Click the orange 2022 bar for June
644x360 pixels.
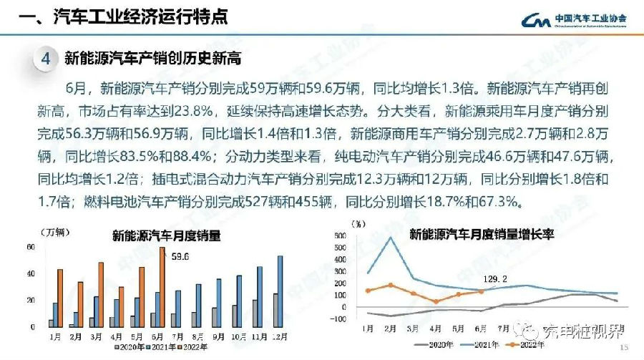coord(162,287)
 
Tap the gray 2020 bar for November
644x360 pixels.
coord(255,313)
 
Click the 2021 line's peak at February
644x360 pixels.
coord(391,238)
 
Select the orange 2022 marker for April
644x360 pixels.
coord(436,301)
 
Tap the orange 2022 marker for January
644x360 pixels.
coord(368,291)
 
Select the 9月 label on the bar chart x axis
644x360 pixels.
coord(218,335)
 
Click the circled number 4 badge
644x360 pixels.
coord(44,59)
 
